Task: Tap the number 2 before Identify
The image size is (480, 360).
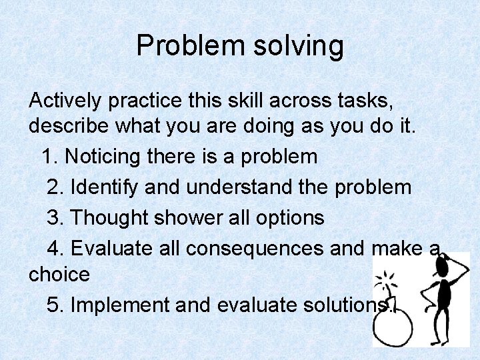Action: pyautogui.click(x=54, y=187)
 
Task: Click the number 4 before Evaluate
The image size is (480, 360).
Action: pyautogui.click(x=54, y=249)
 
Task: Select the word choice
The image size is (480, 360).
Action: pyautogui.click(x=59, y=274)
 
